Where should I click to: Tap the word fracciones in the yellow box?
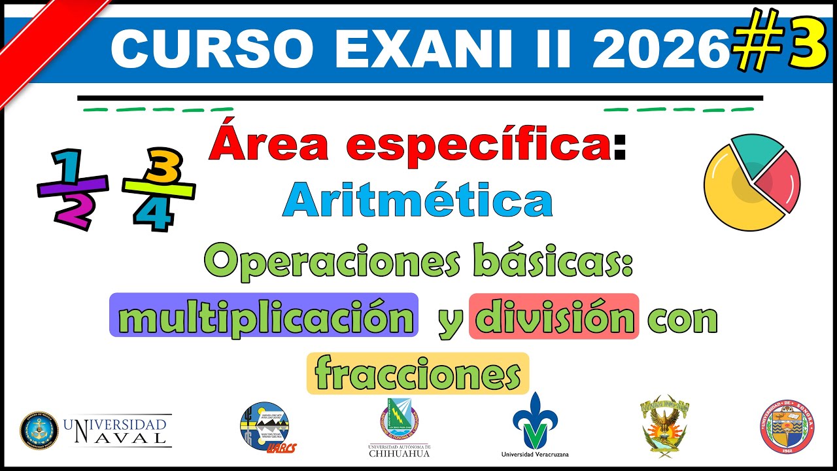tap(417, 374)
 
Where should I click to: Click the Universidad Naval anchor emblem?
tap(39, 430)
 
